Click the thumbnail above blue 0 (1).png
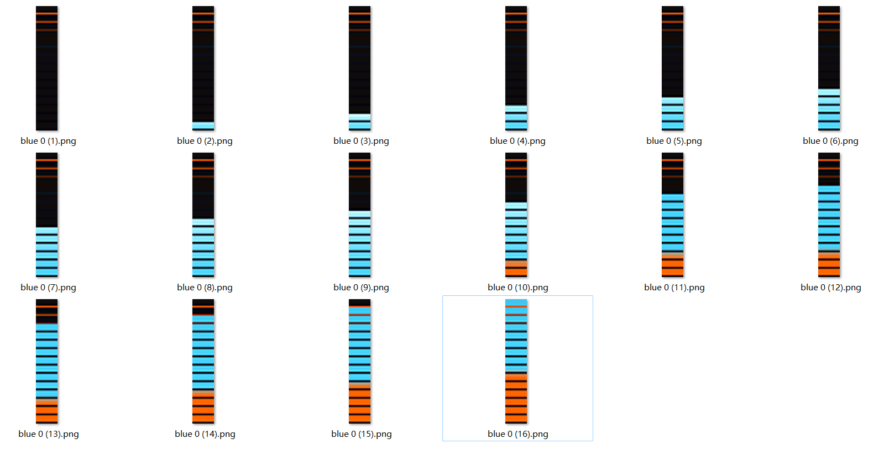point(47,68)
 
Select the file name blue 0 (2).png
point(205,141)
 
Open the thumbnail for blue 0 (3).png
point(360,68)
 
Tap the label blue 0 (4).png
point(517,141)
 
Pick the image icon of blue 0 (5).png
point(673,68)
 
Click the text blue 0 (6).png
point(830,141)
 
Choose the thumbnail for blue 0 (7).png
point(47,215)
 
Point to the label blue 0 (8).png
point(205,288)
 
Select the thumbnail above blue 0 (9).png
point(360,215)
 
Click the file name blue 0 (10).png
point(517,288)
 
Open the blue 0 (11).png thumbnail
point(673,215)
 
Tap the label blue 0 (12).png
point(830,288)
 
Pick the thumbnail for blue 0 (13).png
point(47,361)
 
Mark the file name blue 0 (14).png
point(205,434)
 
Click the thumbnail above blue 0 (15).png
point(360,361)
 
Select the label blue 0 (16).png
point(517,434)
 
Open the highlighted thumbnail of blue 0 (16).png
point(516,361)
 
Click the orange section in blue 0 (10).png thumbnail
point(516,269)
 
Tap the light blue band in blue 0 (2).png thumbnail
point(203,126)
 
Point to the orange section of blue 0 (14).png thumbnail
point(203,406)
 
